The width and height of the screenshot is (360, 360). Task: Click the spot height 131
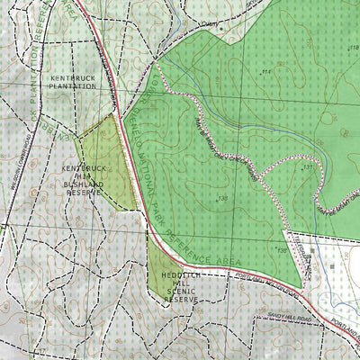tap(308, 166)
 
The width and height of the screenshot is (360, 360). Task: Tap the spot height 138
tap(221, 198)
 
